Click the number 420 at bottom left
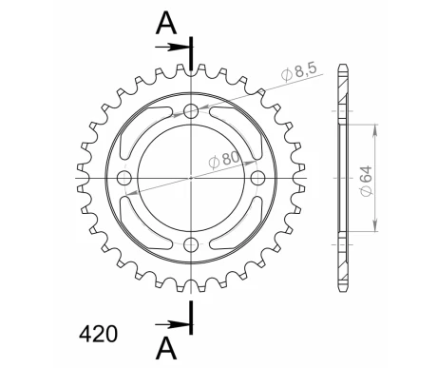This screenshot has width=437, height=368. pos(98,334)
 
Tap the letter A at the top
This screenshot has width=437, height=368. pos(166,21)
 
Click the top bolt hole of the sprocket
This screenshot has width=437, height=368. pos(191,111)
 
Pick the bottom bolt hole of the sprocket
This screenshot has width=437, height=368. pos(191,246)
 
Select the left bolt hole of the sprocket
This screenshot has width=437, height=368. pos(123,179)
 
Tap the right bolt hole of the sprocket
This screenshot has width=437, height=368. pos(258,179)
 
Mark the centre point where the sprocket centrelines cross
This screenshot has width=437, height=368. pos(191,179)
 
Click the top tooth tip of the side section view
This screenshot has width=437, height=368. pos(342,65)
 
